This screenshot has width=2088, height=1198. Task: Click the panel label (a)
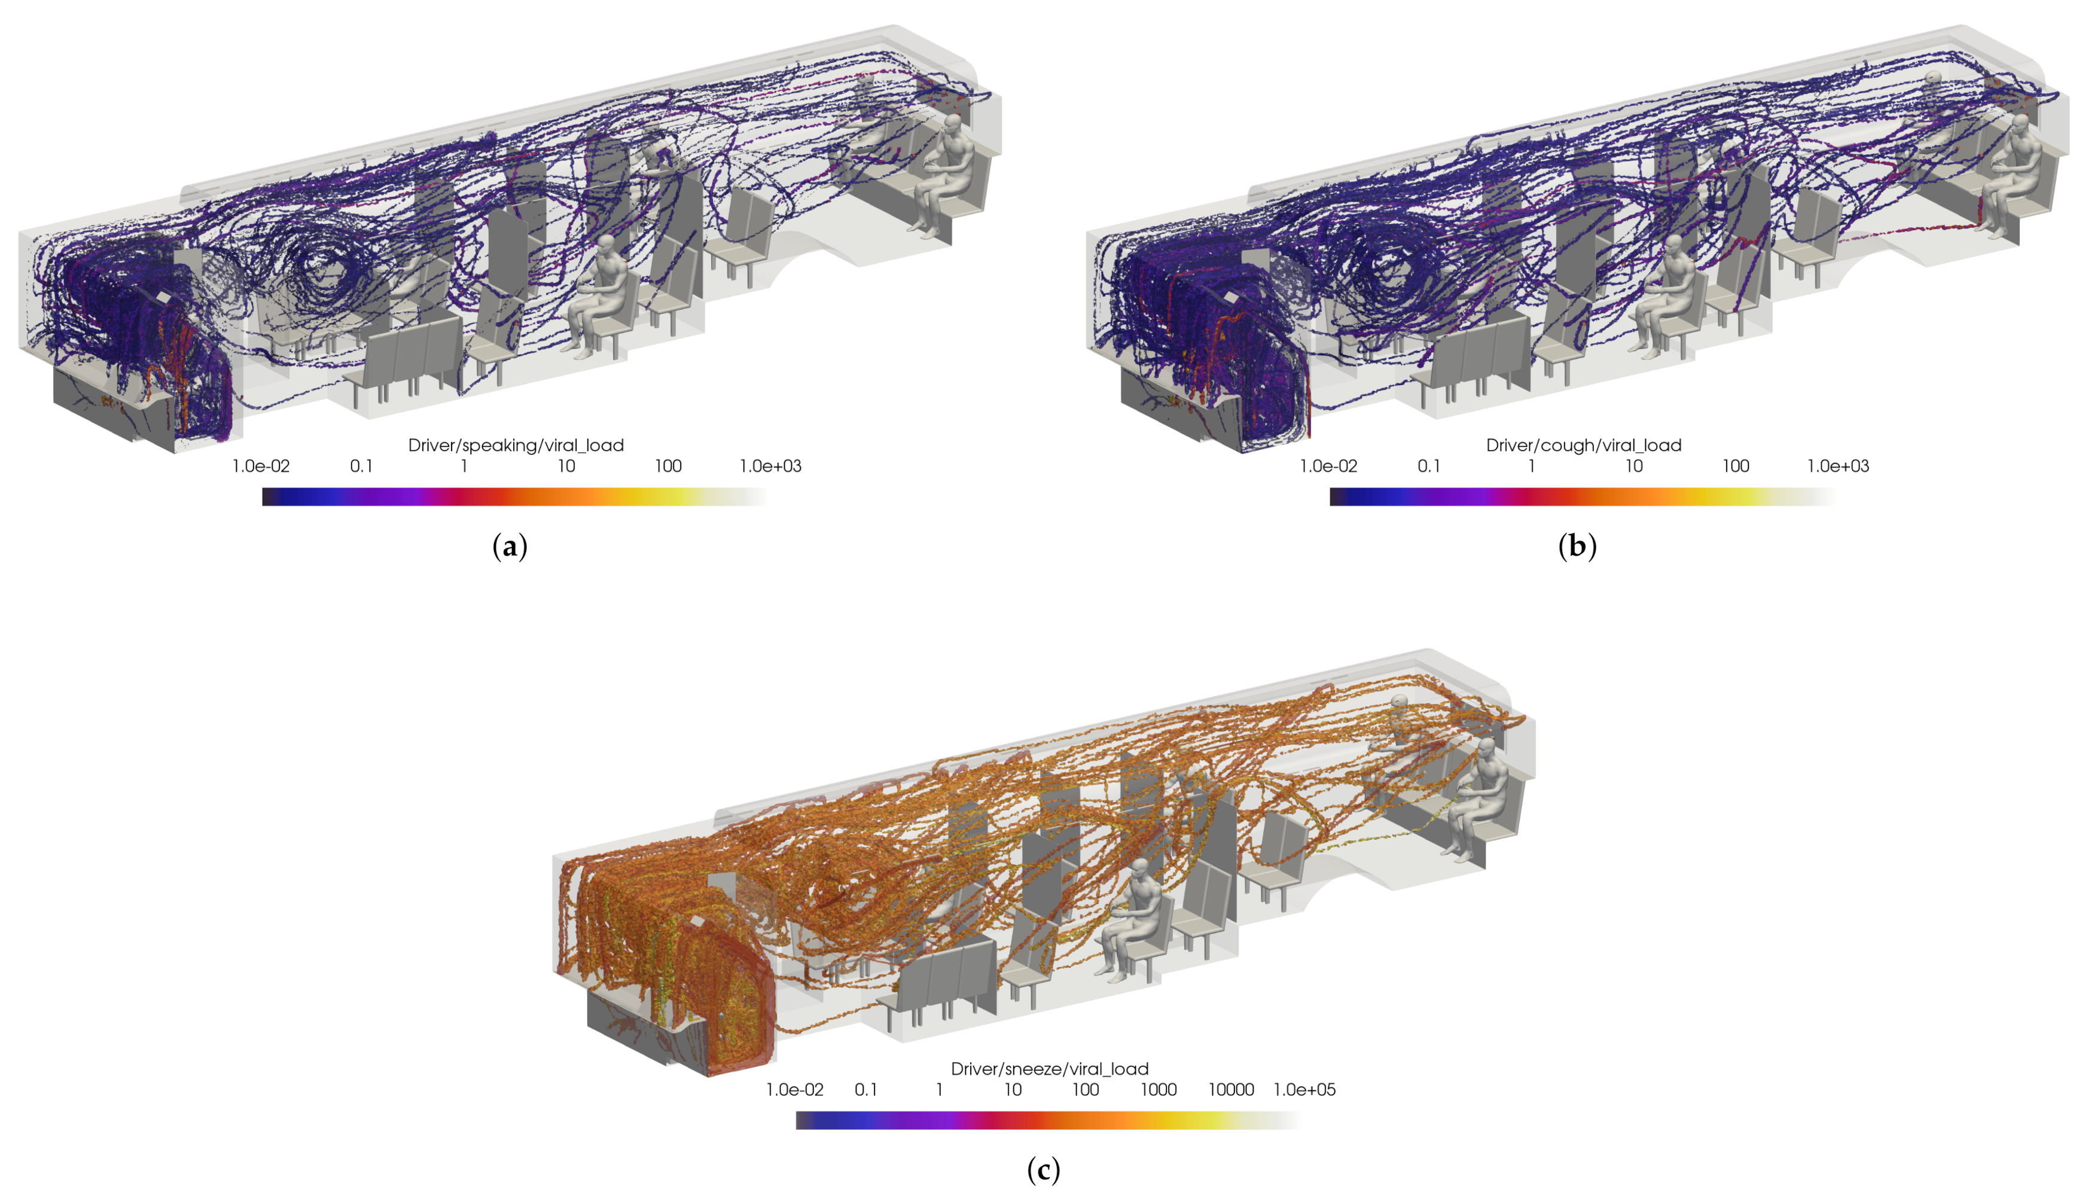(x=509, y=546)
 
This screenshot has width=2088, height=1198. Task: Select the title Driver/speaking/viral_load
(x=516, y=445)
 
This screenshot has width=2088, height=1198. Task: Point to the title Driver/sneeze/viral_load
(x=1049, y=1069)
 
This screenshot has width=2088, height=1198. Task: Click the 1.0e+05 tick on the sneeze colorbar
(x=1304, y=1089)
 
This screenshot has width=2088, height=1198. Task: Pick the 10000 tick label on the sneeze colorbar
(x=1231, y=1089)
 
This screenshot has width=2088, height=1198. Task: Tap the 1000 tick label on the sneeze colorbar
(x=1159, y=1089)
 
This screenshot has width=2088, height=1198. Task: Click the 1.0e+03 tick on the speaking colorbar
(x=770, y=466)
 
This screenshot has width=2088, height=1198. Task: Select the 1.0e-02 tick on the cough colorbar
(x=1328, y=466)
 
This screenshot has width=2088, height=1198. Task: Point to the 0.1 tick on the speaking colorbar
(x=361, y=466)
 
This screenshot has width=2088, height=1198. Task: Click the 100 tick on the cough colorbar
(x=1735, y=466)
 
